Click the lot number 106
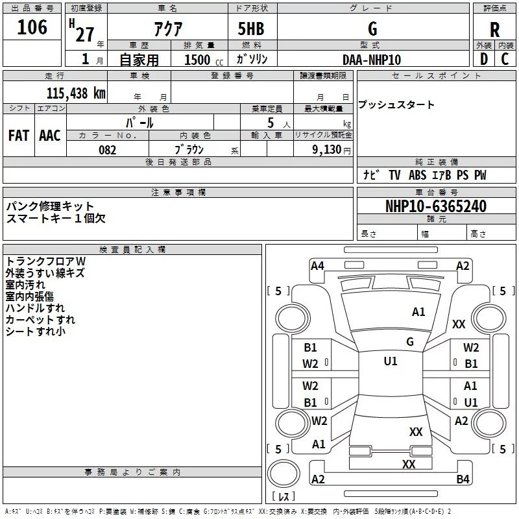pyautogui.click(x=32, y=27)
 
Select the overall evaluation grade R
pyautogui.click(x=494, y=29)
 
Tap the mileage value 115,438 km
pyautogui.click(x=76, y=93)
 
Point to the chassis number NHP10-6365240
pyautogui.click(x=435, y=207)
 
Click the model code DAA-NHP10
pyautogui.click(x=372, y=60)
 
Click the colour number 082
pyautogui.click(x=107, y=150)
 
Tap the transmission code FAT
pyautogui.click(x=19, y=136)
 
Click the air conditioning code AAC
pyautogui.click(x=50, y=136)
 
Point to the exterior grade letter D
pyautogui.click(x=483, y=59)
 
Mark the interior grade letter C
pyautogui.click(x=505, y=59)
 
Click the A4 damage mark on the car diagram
pyautogui.click(x=317, y=265)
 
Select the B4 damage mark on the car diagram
pyautogui.click(x=463, y=479)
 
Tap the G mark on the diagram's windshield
pyautogui.click(x=409, y=342)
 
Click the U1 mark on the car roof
pyautogui.click(x=390, y=361)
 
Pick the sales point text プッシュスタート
pyautogui.click(x=396, y=105)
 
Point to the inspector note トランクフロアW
pyautogui.click(x=45, y=261)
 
